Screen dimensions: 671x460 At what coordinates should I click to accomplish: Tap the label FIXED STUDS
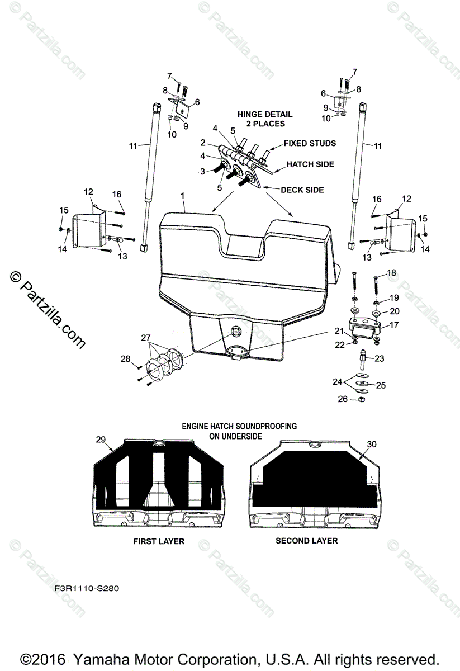[310, 143]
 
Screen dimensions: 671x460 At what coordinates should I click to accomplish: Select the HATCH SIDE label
[310, 164]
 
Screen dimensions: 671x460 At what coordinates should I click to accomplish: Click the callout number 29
[101, 441]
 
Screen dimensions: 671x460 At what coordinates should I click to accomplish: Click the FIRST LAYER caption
[159, 541]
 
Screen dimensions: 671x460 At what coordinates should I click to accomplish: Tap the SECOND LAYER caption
[306, 541]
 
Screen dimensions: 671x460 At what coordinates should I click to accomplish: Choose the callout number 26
[343, 399]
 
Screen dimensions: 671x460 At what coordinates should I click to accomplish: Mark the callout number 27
[146, 338]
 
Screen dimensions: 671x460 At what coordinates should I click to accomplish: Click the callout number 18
[391, 272]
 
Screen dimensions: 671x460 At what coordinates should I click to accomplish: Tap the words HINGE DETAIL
[264, 114]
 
